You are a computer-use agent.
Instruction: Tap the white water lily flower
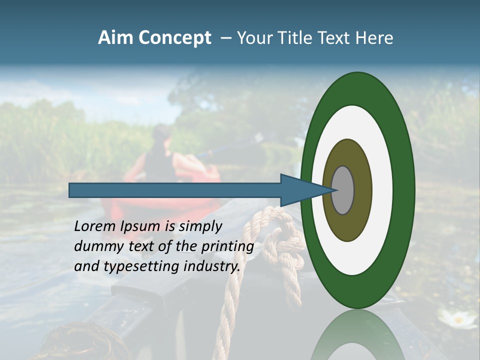click(x=457, y=318)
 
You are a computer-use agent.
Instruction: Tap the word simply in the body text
click(x=200, y=227)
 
